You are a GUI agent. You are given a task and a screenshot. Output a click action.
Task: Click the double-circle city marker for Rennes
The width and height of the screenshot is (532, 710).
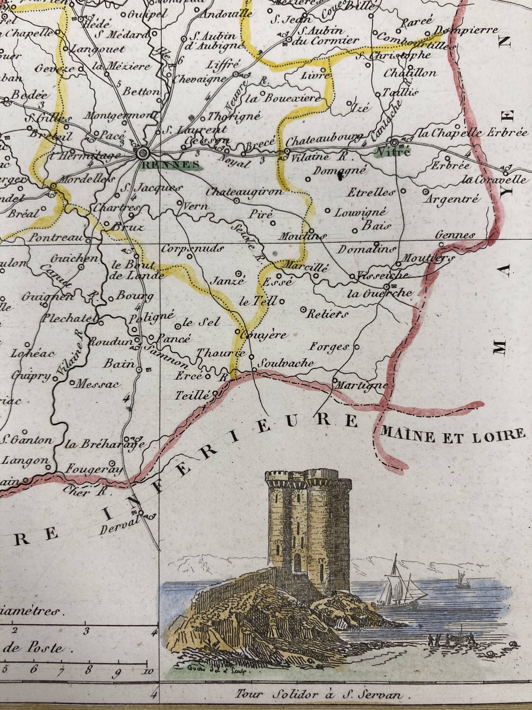coord(143,153)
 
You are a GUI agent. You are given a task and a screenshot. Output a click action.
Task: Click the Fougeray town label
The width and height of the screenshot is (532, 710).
coord(94,470)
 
